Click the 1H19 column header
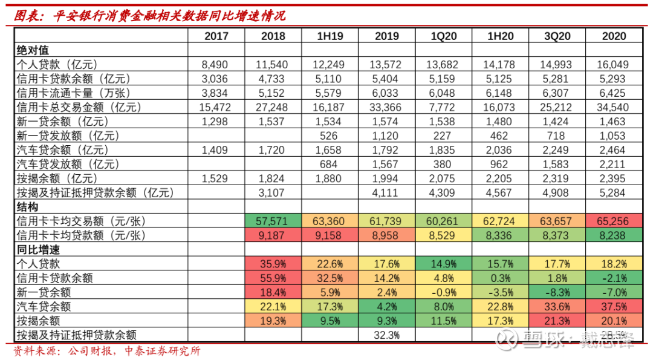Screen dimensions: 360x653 pos(330,36)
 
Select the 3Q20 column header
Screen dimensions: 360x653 pos(557,36)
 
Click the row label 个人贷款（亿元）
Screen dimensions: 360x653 pos(57,65)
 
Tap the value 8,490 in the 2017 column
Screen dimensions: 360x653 pos(216,65)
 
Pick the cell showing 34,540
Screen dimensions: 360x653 pos(614,108)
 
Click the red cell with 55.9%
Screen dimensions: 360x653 pos(273,278)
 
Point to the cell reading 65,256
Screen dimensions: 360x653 pos(614,221)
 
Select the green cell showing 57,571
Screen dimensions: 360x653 pos(273,221)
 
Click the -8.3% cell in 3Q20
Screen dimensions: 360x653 pos(557,292)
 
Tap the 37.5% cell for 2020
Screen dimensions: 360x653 pos(614,307)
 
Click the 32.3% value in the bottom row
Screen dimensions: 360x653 pos(386,335)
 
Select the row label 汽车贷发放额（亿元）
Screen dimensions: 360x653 pos(67,164)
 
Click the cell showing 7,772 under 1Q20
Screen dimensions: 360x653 pos(443,108)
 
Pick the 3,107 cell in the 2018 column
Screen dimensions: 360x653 pos(273,193)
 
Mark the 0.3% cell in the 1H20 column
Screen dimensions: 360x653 pos(500,278)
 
